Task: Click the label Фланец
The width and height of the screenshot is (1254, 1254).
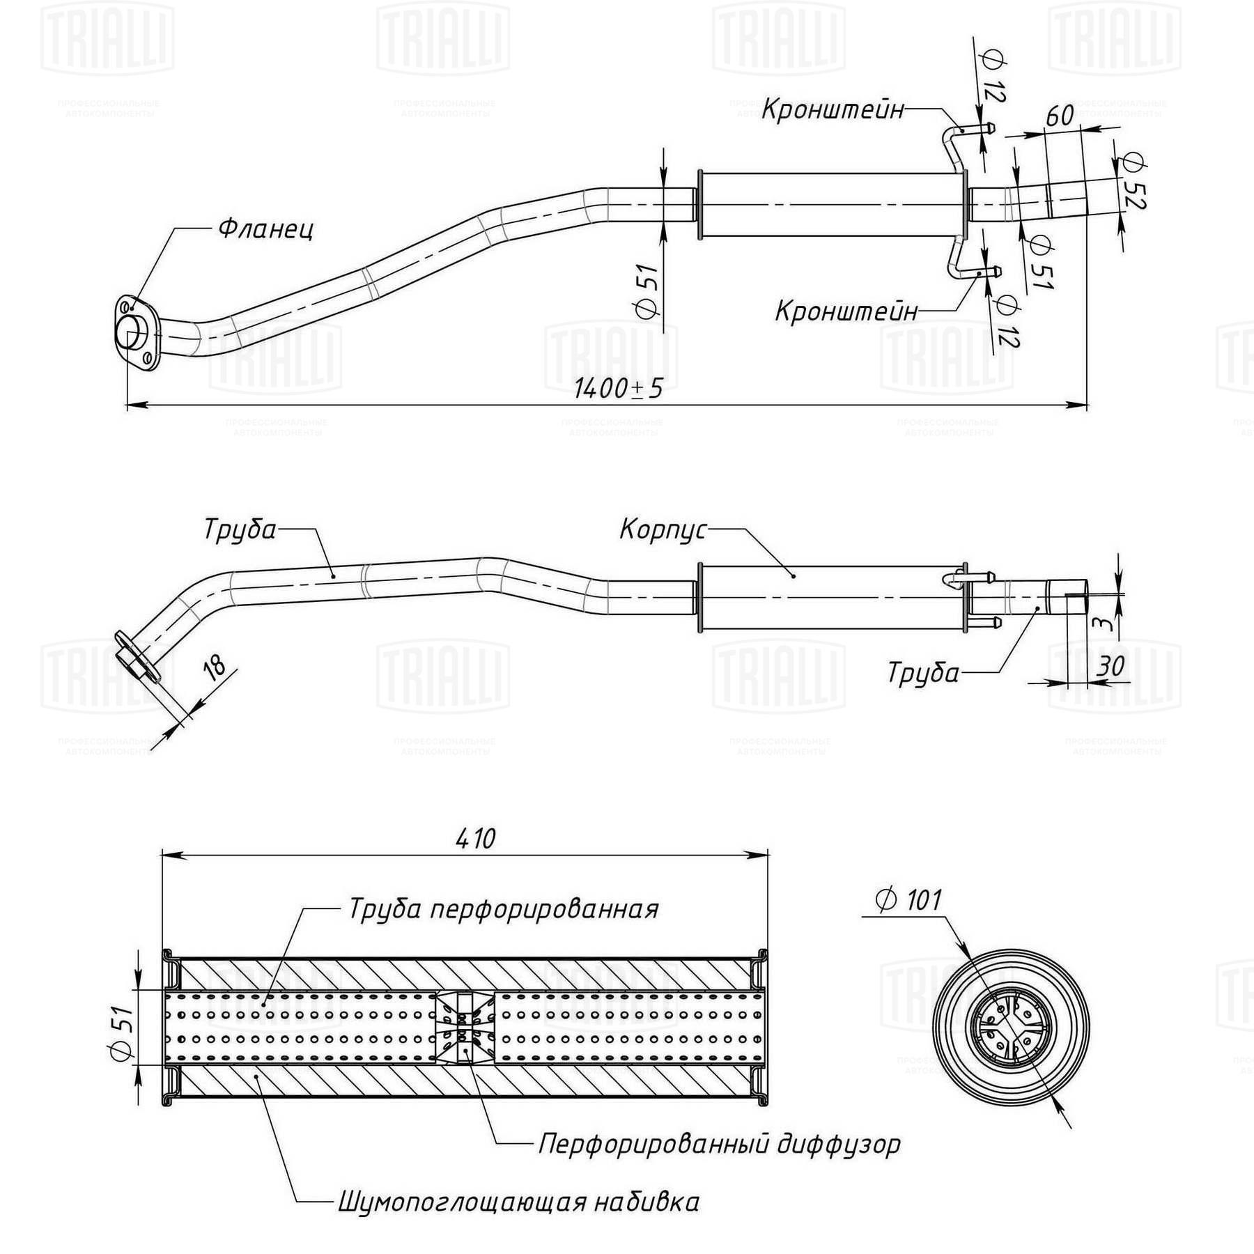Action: tap(266, 228)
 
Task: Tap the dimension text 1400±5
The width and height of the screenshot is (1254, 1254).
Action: tap(618, 389)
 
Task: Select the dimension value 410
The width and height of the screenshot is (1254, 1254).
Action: tap(476, 838)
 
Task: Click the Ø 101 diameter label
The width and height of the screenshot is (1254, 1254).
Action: tap(908, 901)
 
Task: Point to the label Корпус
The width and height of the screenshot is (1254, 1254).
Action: tap(663, 529)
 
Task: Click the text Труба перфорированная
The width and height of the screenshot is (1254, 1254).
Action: tap(503, 909)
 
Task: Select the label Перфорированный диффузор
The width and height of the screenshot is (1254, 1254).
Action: tap(719, 1144)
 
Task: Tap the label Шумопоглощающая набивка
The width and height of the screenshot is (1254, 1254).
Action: tap(518, 1202)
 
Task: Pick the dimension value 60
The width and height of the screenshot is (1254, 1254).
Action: tap(1060, 115)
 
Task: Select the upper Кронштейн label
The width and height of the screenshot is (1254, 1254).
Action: tap(833, 109)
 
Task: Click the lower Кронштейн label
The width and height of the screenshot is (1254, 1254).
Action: tap(846, 311)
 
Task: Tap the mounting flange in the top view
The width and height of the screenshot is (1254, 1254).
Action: tap(134, 333)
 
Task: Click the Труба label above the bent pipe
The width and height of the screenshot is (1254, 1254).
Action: tap(240, 529)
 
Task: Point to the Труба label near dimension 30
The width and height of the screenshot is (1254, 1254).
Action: tap(923, 672)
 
